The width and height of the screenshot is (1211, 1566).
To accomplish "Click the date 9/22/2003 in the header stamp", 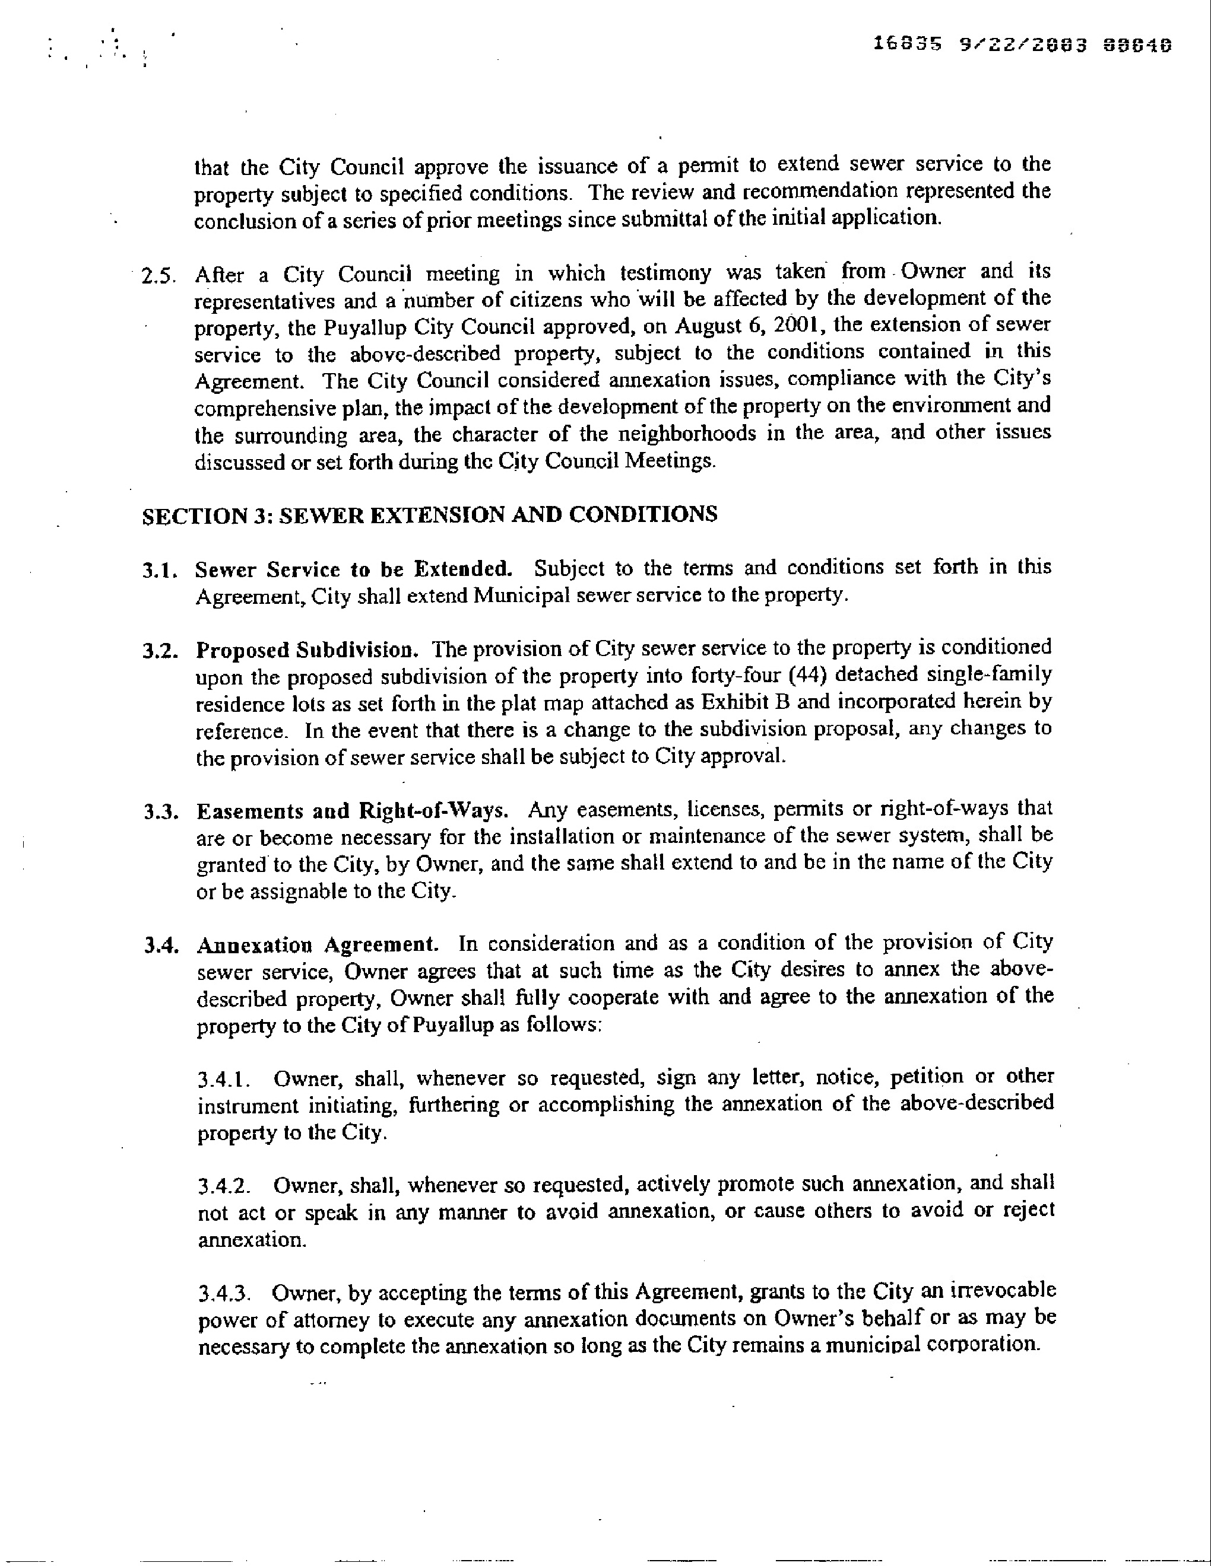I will pyautogui.click(x=1022, y=44).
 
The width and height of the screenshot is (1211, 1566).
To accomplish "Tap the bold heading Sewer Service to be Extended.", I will pyautogui.click(x=354, y=569).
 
